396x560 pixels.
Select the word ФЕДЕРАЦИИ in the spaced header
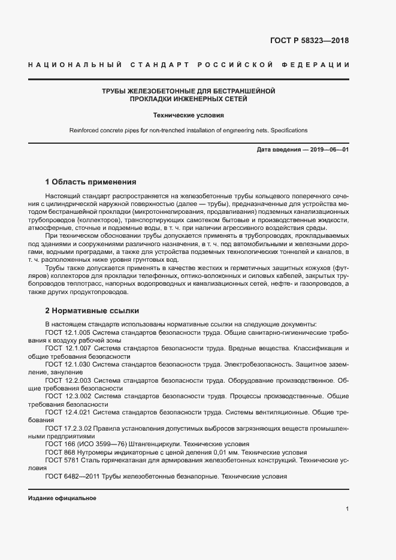[318, 65]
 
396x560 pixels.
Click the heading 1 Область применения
[91, 181]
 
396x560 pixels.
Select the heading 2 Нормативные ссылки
[92, 311]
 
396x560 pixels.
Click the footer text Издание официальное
[62, 498]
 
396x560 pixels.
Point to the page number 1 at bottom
[347, 509]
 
